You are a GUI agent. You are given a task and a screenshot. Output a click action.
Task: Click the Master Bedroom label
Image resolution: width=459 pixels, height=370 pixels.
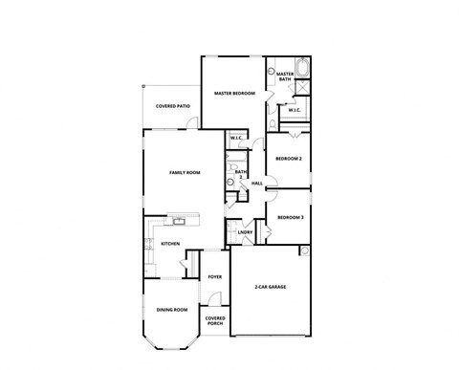click(x=234, y=94)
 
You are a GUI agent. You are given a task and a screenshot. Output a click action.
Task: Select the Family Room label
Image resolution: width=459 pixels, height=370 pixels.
click(x=184, y=172)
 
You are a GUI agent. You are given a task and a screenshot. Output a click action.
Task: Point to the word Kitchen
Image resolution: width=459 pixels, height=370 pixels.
click(x=170, y=244)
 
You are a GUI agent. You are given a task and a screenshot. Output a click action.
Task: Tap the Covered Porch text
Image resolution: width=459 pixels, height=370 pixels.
click(x=215, y=321)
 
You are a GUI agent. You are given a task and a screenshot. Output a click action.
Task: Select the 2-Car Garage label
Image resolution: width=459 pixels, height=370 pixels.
click(x=271, y=287)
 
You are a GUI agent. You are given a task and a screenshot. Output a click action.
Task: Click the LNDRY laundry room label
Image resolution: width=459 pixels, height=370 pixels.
click(x=245, y=232)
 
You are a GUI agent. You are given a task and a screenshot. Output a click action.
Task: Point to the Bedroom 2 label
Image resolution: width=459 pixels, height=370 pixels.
click(x=289, y=158)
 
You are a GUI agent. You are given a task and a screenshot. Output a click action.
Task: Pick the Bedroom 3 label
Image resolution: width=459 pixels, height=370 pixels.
click(x=290, y=218)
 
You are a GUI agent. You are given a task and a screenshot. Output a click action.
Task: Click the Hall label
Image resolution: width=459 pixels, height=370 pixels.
click(x=257, y=183)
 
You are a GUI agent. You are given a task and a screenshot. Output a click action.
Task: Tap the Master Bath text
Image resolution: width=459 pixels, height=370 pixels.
click(x=285, y=77)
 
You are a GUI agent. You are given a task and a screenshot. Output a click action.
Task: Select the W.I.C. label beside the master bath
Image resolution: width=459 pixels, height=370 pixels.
click(x=294, y=110)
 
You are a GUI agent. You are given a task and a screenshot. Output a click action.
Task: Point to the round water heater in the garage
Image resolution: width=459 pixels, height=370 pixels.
click(x=304, y=251)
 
